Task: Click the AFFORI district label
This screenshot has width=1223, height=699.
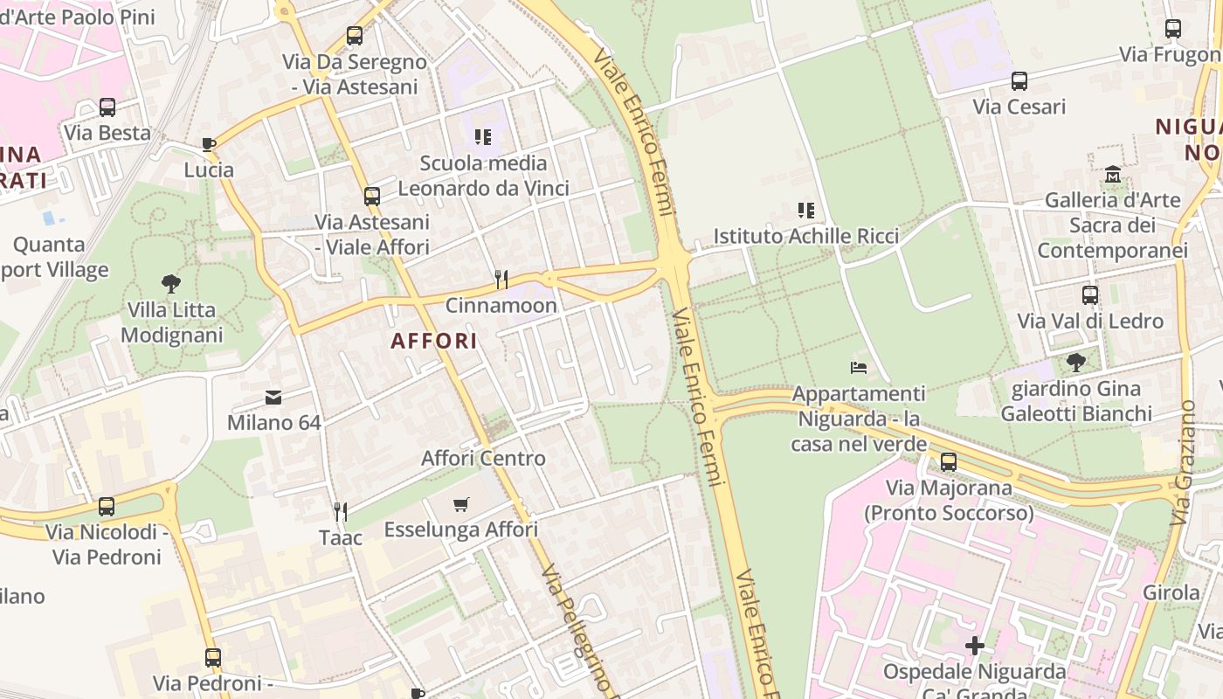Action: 434,341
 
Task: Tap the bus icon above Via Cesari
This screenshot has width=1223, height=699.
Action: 1019,81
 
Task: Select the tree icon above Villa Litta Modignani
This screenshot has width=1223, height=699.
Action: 171,283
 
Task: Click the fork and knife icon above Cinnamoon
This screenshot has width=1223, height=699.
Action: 501,280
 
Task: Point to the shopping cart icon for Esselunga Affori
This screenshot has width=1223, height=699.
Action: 461,504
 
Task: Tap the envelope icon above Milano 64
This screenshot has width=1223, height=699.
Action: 273,398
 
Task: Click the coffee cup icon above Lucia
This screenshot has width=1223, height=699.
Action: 208,144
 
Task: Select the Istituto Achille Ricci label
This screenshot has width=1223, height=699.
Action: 805,236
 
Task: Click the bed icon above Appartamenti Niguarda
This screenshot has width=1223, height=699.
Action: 859,368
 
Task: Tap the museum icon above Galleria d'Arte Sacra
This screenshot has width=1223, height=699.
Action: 1112,174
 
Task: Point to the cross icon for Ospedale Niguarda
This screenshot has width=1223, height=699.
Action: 975,646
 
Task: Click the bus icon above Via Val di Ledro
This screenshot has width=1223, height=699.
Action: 1089,295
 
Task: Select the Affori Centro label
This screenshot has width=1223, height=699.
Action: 483,458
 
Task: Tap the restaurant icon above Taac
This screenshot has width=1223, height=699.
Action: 341,512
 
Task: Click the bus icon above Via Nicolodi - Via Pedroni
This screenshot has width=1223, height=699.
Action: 107,506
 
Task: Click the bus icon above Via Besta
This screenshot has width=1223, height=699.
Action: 107,107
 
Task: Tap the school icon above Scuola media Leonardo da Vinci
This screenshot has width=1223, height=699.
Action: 483,137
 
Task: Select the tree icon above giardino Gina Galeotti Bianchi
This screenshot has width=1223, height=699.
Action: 1076,362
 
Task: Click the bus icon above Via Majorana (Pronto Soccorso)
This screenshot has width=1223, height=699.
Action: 949,461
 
